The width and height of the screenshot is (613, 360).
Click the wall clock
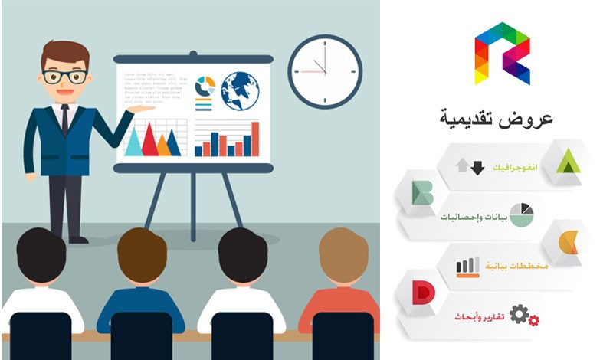pyautogui.click(x=325, y=71)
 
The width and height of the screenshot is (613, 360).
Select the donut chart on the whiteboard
pyautogui.click(x=205, y=86)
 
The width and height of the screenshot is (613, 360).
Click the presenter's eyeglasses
pyautogui.click(x=64, y=77)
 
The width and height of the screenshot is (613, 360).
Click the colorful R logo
pyautogui.click(x=502, y=53)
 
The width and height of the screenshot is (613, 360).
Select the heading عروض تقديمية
pyautogui.click(x=497, y=119)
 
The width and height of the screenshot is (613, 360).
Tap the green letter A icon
pyautogui.click(x=568, y=162)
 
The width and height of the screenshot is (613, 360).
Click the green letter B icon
pyautogui.click(x=422, y=193)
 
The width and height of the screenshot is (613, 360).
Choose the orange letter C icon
pyautogui.click(x=569, y=242)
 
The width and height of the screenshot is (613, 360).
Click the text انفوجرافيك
pyautogui.click(x=515, y=166)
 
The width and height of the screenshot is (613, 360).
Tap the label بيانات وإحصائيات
pyautogui.click(x=473, y=217)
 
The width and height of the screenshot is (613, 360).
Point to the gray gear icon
pyautogui.click(x=520, y=313)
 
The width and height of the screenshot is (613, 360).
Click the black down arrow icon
pyautogui.click(x=477, y=168)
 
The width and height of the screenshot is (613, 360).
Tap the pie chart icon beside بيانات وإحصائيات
pyautogui.click(x=521, y=214)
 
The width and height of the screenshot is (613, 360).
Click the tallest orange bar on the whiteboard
pyautogui.click(x=255, y=138)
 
